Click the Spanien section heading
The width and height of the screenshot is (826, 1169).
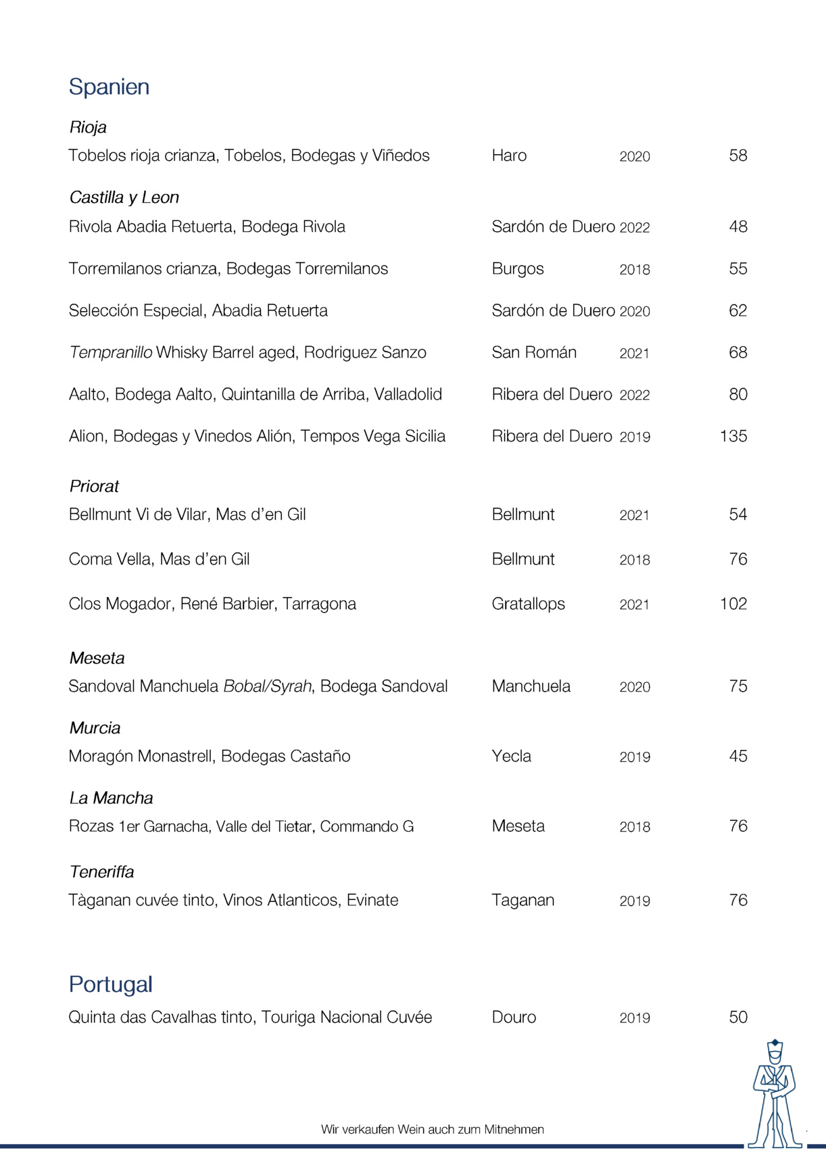(x=109, y=87)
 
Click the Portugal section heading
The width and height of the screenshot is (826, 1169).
(x=111, y=984)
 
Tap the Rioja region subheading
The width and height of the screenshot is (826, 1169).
(x=88, y=127)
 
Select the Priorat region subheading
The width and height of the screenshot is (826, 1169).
(x=94, y=486)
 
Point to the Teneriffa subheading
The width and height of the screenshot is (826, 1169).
(x=101, y=872)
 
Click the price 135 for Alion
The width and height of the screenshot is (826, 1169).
(x=733, y=436)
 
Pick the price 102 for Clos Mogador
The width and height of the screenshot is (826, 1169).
(x=733, y=604)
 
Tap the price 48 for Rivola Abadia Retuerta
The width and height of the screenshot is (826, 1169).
(x=738, y=226)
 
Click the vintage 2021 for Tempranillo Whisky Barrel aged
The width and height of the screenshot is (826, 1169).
(x=634, y=353)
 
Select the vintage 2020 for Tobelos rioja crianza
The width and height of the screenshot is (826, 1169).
(x=635, y=156)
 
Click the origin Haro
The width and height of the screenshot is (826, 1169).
(x=509, y=156)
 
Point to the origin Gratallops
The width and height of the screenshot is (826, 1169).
(x=528, y=604)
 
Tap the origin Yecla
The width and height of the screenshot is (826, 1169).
(x=511, y=756)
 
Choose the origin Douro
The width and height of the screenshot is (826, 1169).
(x=514, y=1017)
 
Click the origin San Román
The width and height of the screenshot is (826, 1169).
(x=534, y=352)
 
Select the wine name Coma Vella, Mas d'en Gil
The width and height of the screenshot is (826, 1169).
(x=159, y=559)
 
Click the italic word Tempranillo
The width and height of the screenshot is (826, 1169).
(x=111, y=352)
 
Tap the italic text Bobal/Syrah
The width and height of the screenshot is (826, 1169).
(x=268, y=686)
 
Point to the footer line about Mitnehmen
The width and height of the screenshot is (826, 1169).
(x=432, y=1129)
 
